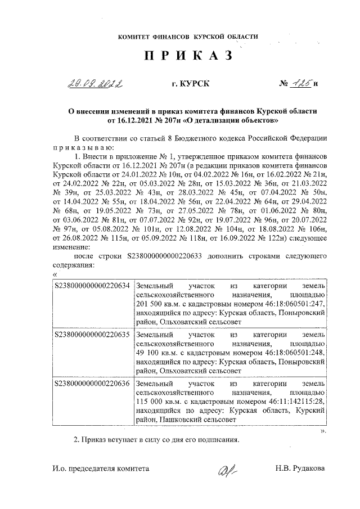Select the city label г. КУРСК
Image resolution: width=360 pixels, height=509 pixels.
pos(191,84)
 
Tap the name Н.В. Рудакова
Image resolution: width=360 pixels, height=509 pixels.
pos(300,468)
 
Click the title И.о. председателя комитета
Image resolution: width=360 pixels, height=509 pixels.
pos(101,468)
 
